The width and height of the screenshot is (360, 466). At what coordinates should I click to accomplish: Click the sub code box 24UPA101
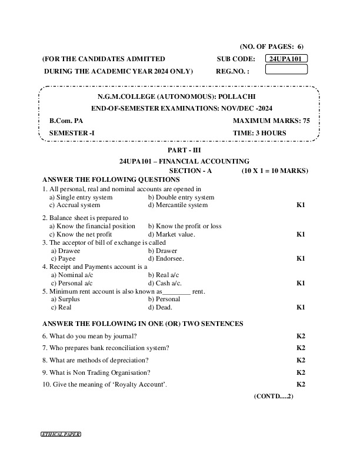coord(286,59)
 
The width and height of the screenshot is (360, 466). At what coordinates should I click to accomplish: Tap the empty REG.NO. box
coord(286,70)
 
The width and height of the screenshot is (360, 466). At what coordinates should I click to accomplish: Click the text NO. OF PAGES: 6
coord(272,46)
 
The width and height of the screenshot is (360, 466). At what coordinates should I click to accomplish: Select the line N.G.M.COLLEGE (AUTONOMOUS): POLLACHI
coord(176,96)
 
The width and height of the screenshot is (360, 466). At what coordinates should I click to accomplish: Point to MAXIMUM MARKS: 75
coord(271,120)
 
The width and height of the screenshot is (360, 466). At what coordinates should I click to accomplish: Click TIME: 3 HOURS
coord(259,132)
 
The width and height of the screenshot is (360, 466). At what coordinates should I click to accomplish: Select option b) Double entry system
coord(181,197)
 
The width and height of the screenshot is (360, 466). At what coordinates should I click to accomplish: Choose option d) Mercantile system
coord(178,205)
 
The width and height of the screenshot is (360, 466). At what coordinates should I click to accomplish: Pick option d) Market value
coord(171,234)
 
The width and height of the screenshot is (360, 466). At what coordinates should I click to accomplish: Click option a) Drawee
coord(66,250)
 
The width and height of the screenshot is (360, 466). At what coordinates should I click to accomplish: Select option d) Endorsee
coord(166,258)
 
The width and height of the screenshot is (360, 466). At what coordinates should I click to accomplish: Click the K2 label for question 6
coord(301,336)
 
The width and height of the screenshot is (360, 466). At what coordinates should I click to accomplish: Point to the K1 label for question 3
coord(301,258)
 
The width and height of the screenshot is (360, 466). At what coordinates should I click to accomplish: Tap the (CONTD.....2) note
coord(274,397)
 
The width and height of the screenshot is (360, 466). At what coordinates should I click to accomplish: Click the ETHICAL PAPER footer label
coord(61,434)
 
